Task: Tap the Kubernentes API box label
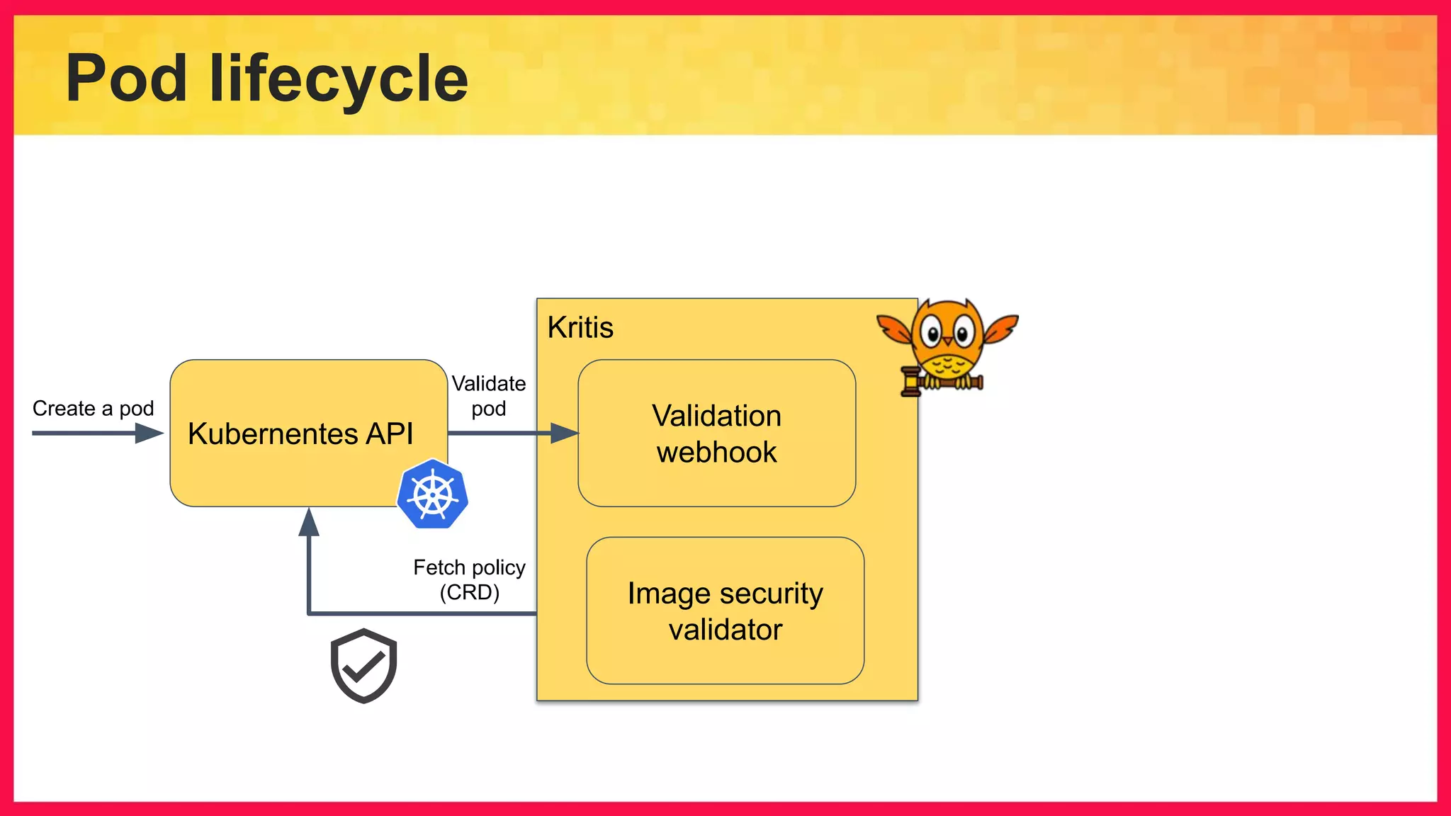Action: tap(300, 433)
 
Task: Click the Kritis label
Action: tap(580, 327)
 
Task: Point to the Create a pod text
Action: tap(93, 409)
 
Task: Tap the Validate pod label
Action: tap(488, 396)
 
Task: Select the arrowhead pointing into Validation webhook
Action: tap(565, 433)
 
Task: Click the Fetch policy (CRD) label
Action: tap(469, 579)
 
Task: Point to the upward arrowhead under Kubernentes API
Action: tap(309, 523)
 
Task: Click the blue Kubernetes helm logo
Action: tap(433, 494)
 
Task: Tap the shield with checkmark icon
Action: tap(363, 665)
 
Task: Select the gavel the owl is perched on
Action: tap(940, 383)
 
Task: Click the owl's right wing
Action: tap(1000, 328)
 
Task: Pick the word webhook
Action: tap(716, 452)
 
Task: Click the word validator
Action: tap(725, 629)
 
